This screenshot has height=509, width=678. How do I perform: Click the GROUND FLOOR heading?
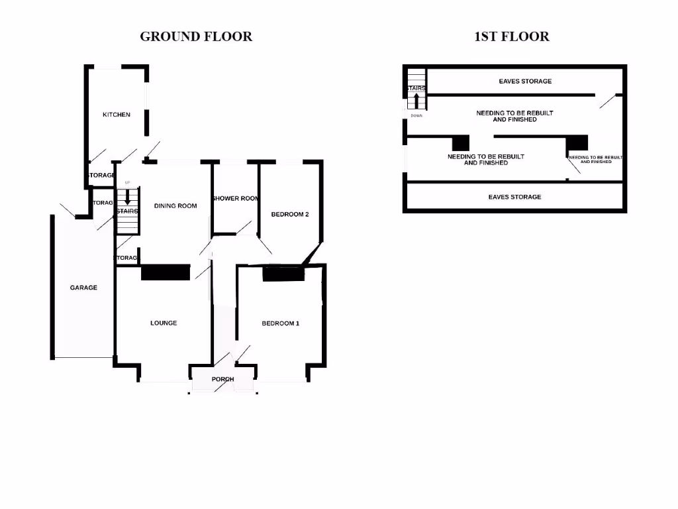pyautogui.click(x=196, y=36)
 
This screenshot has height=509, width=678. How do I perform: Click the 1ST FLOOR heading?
pyautogui.click(x=512, y=36)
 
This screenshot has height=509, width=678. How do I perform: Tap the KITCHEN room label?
pyautogui.click(x=117, y=115)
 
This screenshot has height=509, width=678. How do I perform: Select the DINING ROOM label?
pyautogui.click(x=175, y=205)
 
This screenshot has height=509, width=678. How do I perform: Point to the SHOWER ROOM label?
pyautogui.click(x=235, y=199)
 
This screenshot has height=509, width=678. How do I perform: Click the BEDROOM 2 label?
pyautogui.click(x=290, y=214)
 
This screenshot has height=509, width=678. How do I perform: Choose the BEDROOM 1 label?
pyautogui.click(x=281, y=323)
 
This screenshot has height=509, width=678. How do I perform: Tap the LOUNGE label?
pyautogui.click(x=164, y=323)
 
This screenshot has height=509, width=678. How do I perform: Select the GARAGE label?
pyautogui.click(x=84, y=288)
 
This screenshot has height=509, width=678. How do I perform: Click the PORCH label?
pyautogui.click(x=222, y=379)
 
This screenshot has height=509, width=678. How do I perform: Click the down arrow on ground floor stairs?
pyautogui.click(x=128, y=198)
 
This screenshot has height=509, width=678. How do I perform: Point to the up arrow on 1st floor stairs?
pyautogui.click(x=416, y=101)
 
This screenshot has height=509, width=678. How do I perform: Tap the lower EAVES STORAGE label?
pyautogui.click(x=514, y=197)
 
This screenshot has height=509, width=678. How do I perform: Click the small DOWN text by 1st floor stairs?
pyautogui.click(x=416, y=115)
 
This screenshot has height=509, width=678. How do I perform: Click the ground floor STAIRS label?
pyautogui.click(x=127, y=211)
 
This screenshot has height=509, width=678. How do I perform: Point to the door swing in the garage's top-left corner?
pyautogui.click(x=66, y=209)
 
